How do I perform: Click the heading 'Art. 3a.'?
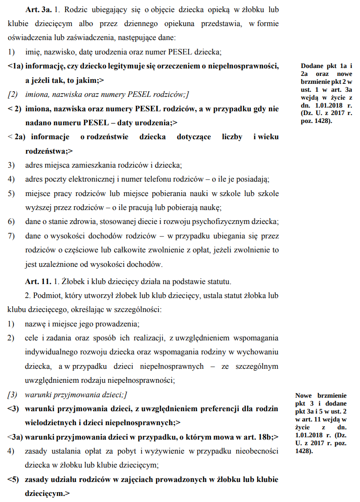pos(39,10)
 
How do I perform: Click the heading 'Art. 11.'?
pos(39,281)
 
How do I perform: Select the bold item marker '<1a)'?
pos(15,66)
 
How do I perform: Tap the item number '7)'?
pos(12,236)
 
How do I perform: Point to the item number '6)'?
pos(12,222)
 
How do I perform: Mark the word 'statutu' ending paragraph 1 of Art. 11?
pos(218,281)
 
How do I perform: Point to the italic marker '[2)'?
pos(13,94)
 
